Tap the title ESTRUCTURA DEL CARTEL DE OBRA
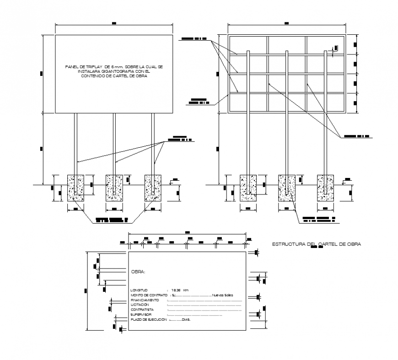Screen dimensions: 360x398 coord(316,244)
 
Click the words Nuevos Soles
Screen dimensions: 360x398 coord(223,295)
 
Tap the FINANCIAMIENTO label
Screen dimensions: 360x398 coord(145,300)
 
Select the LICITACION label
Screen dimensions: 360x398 coord(140,305)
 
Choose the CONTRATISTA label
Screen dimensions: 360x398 coord(141,310)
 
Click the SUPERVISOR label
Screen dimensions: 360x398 coord(140,315)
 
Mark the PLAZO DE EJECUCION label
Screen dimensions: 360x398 coord(147,320)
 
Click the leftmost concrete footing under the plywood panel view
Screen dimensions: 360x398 coord(76,187)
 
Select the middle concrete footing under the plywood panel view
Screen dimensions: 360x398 coord(114,187)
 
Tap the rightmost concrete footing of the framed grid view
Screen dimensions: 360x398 coord(326,187)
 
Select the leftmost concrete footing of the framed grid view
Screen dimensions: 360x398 coord(248,187)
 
